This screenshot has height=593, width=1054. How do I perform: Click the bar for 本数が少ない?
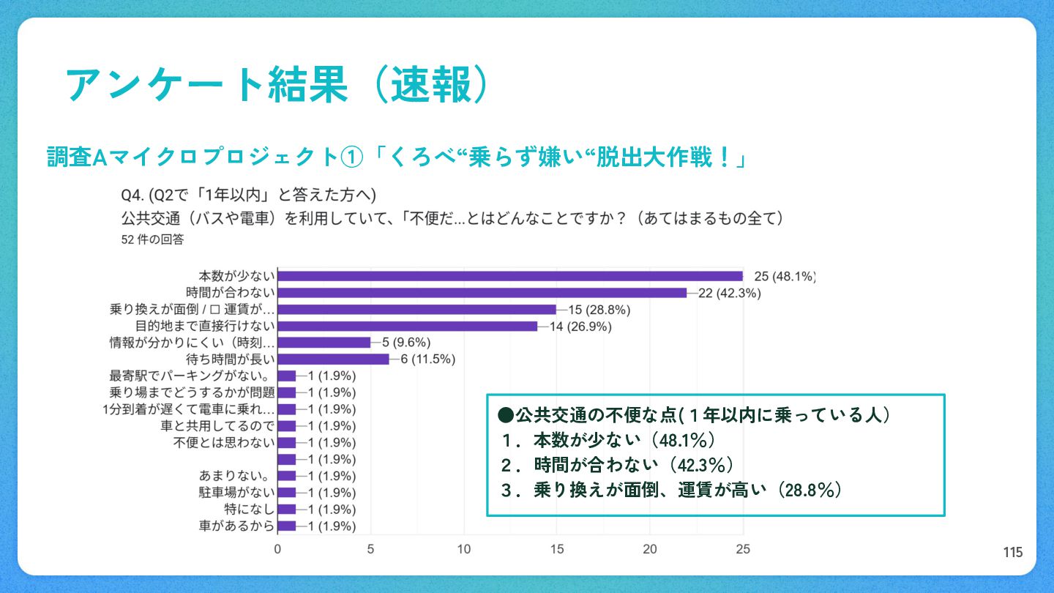tap(510, 276)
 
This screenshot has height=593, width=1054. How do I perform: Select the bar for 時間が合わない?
tap(482, 293)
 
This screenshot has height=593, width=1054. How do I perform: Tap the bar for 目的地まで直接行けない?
tap(408, 326)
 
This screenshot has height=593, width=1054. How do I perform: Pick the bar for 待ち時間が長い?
tap(333, 359)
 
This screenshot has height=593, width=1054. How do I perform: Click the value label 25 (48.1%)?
tap(784, 276)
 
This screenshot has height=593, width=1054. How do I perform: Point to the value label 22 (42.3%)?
tap(729, 293)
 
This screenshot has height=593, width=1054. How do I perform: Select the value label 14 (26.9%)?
tap(580, 327)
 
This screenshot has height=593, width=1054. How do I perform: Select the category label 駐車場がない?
tap(236, 493)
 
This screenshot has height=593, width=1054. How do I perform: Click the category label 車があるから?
tap(236, 526)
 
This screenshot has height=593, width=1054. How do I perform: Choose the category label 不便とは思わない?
tap(224, 443)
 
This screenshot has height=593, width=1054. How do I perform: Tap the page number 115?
tap(1013, 553)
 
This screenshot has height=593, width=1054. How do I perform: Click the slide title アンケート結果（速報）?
tap(277, 86)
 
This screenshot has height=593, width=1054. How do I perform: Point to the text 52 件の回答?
tap(153, 239)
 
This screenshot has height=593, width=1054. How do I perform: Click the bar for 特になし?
tap(287, 509)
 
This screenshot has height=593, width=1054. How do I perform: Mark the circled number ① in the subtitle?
tap(351, 157)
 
